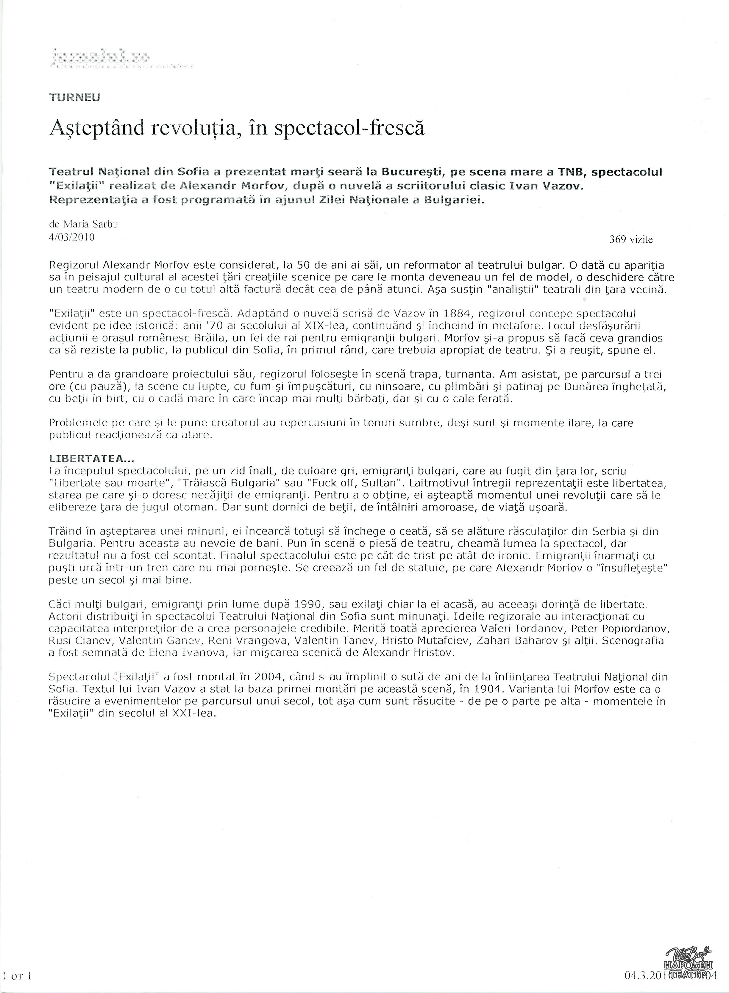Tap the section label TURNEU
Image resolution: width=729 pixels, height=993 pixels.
[x=75, y=98]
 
